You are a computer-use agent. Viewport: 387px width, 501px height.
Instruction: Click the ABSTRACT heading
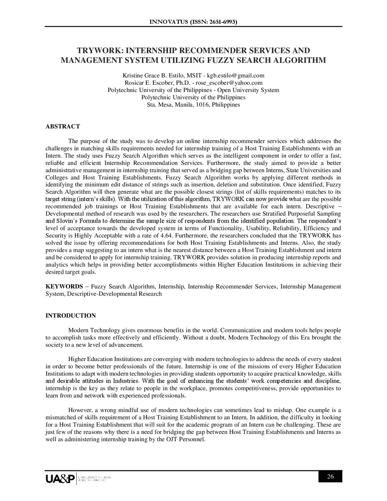[63, 126]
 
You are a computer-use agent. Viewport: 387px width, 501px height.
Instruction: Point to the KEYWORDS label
[64, 287]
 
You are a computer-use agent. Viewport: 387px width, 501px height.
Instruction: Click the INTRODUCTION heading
[70, 316]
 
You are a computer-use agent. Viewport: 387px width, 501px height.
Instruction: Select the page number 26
[330, 477]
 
